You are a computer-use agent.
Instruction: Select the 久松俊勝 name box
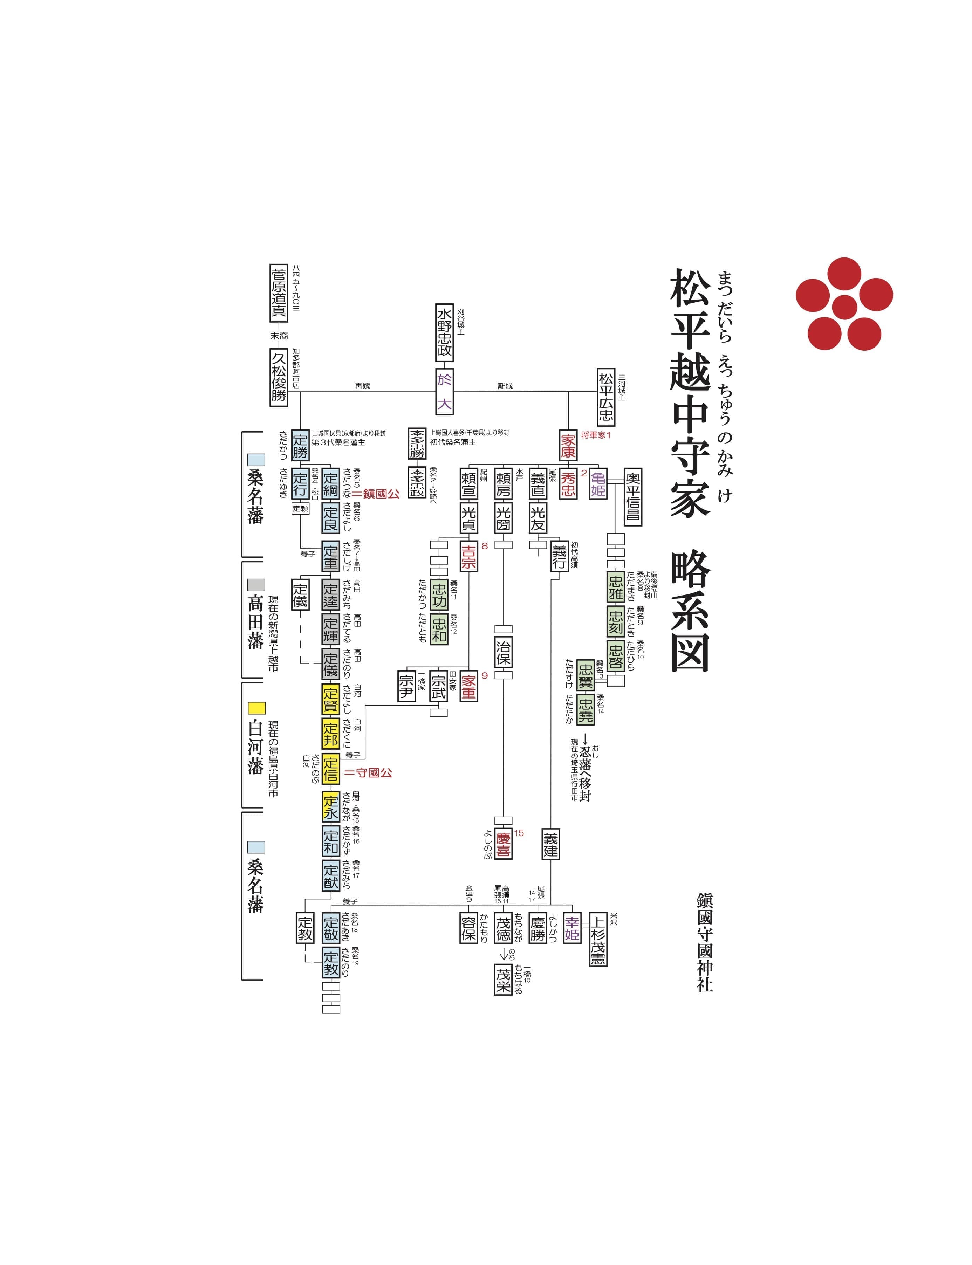pyautogui.click(x=279, y=377)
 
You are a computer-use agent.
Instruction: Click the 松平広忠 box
pyautogui.click(x=606, y=397)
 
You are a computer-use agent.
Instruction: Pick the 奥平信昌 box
pyautogui.click(x=633, y=496)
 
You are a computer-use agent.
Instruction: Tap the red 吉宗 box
pyautogui.click(x=468, y=556)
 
